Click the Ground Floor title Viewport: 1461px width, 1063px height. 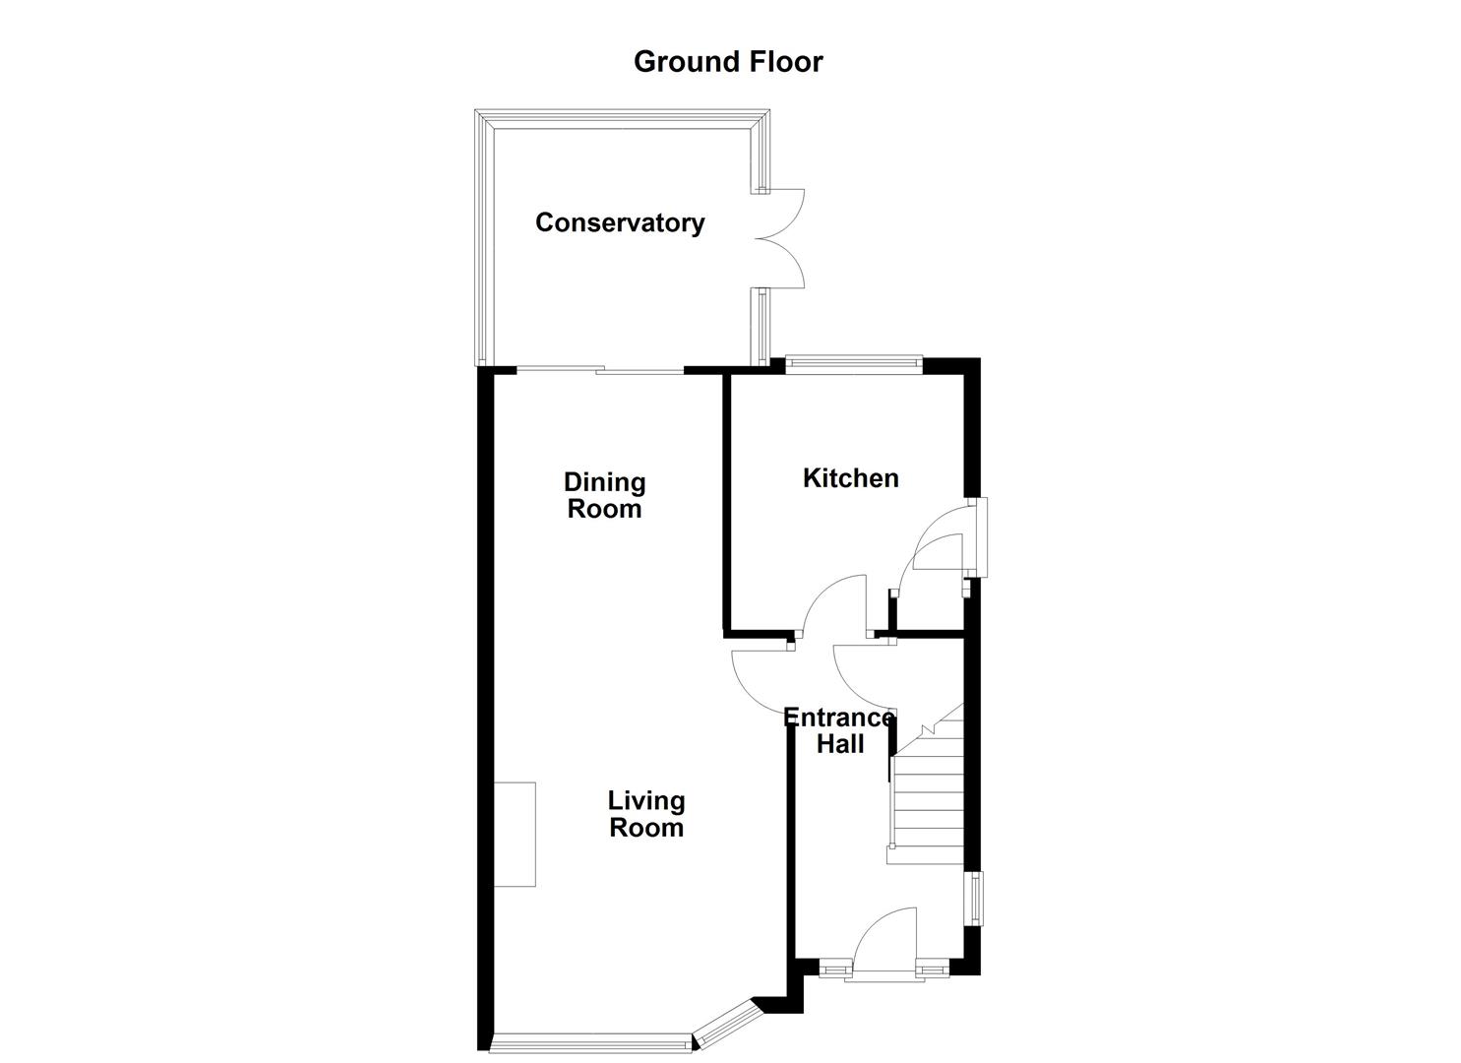[728, 61]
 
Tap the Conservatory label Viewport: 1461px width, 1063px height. [620, 222]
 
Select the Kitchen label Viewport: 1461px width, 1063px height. [851, 478]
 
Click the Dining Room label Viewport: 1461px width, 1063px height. [604, 495]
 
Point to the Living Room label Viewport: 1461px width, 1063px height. [646, 814]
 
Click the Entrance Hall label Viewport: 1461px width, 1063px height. [839, 730]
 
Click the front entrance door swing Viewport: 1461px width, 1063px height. [885, 940]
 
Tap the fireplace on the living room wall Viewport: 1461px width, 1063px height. [515, 834]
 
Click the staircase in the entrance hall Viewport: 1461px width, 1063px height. [925, 797]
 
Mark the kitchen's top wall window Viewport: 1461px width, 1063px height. [853, 362]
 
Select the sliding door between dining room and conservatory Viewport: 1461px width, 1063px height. [600, 370]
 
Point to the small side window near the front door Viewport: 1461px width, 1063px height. [975, 898]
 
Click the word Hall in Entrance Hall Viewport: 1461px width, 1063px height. [840, 744]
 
